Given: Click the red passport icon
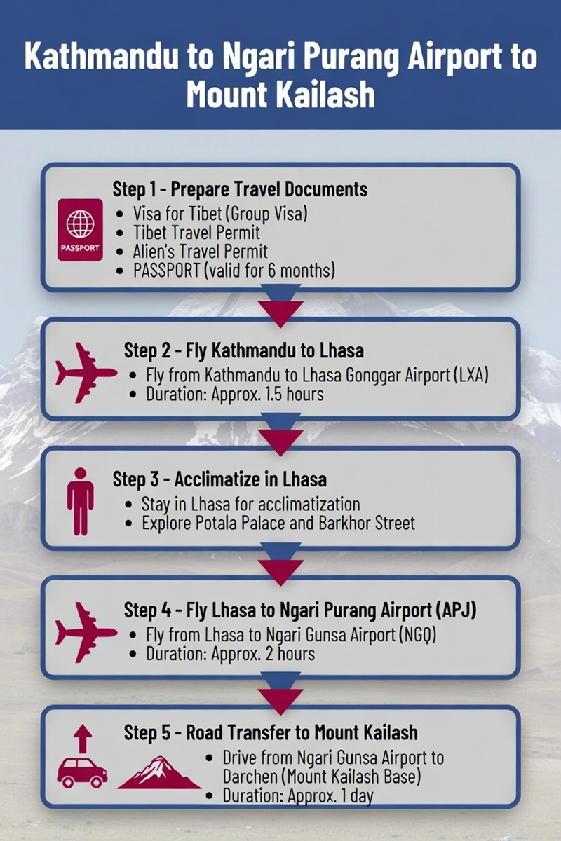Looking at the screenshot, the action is click(x=80, y=230).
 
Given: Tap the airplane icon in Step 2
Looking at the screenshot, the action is click(x=86, y=372).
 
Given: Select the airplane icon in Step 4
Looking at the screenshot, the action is click(x=86, y=632).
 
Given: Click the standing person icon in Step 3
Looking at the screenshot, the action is click(x=81, y=501).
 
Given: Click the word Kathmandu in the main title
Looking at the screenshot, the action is click(x=101, y=57).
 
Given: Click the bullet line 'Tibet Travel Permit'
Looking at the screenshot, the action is click(x=196, y=233).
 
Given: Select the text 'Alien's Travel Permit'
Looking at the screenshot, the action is click(x=201, y=252).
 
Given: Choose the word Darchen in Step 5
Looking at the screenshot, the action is click(x=250, y=777).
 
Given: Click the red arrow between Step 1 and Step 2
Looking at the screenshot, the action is click(x=280, y=314).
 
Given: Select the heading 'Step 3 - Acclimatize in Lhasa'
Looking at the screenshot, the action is click(x=219, y=480).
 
